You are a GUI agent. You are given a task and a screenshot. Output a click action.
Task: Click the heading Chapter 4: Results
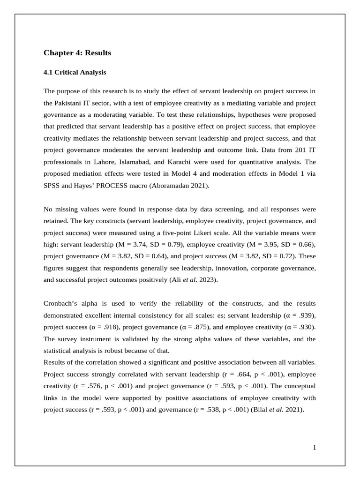coord(77,53)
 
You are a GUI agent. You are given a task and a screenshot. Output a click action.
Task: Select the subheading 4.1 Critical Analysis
coord(75,73)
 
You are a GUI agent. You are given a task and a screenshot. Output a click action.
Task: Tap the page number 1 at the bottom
coord(315,448)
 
